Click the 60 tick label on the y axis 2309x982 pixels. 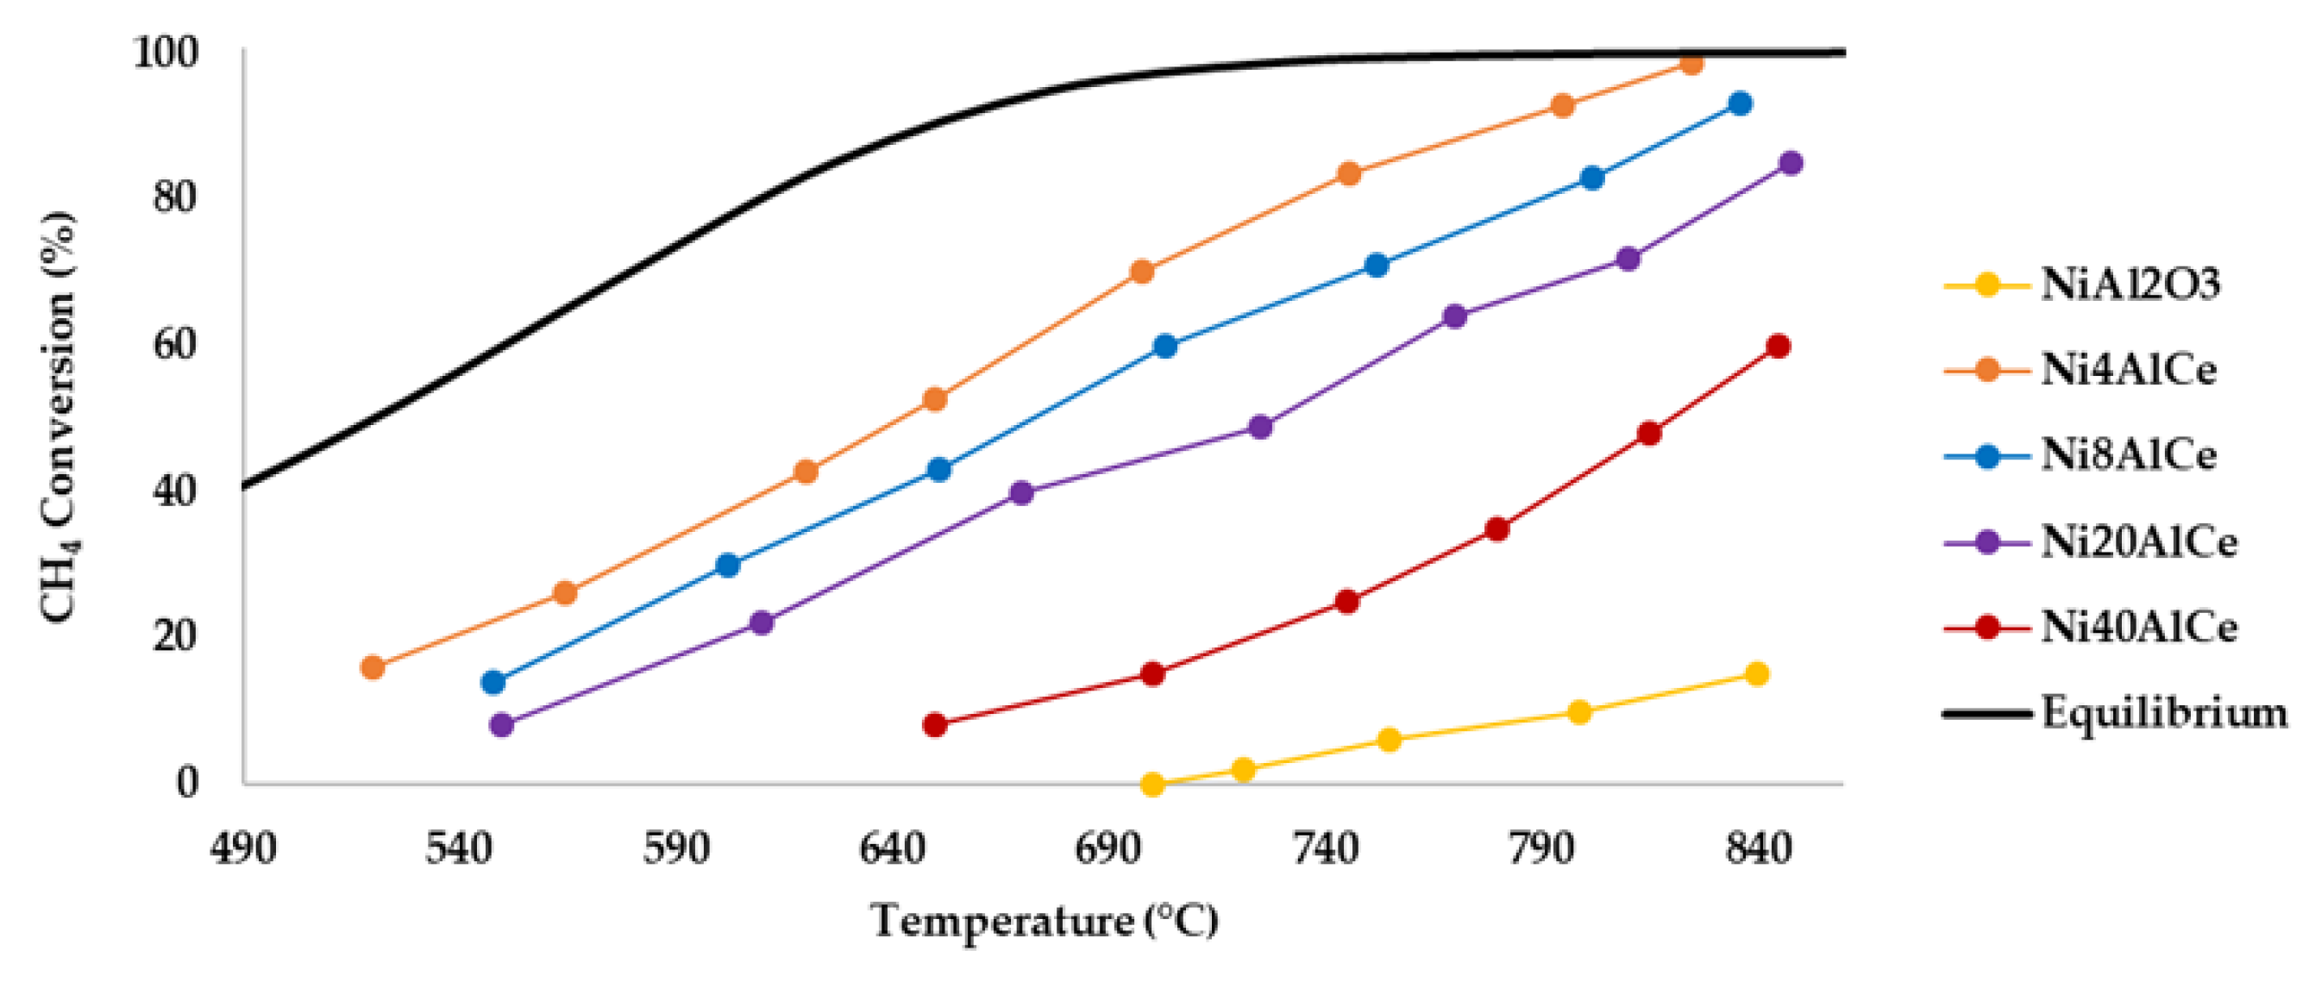click(x=175, y=344)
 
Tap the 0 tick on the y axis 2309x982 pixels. click(x=186, y=782)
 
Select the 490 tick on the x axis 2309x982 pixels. click(x=244, y=848)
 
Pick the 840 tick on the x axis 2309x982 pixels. click(x=1759, y=848)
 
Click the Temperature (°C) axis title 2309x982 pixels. click(x=1045, y=921)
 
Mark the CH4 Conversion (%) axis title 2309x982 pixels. click(x=60, y=416)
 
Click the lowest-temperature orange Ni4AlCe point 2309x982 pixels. click(x=373, y=667)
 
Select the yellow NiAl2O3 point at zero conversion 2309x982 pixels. click(x=1152, y=784)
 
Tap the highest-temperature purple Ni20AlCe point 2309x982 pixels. click(x=1791, y=163)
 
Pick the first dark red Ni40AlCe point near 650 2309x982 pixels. click(x=935, y=724)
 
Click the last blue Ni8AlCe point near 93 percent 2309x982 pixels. click(x=1740, y=104)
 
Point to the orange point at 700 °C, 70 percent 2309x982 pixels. click(x=1142, y=272)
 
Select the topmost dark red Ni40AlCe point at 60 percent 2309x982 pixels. click(x=1779, y=347)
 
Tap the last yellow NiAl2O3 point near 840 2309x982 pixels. click(x=1757, y=674)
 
